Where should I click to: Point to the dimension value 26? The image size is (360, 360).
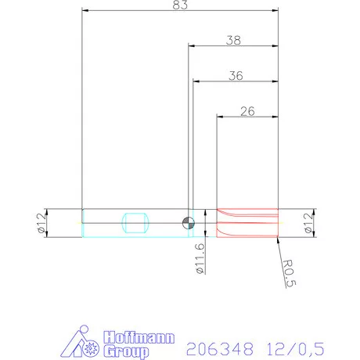tap(247, 111)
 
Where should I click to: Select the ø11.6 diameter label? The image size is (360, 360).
tap(200, 257)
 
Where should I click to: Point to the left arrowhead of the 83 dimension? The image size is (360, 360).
tap(85, 12)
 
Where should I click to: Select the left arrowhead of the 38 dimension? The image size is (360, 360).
tap(190, 45)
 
